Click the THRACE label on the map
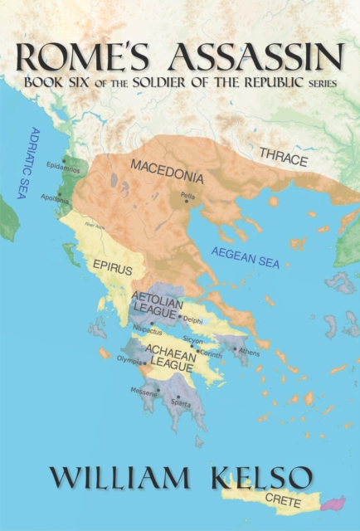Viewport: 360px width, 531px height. tap(283, 157)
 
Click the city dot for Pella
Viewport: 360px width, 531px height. tap(185, 199)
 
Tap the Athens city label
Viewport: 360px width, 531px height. tap(249, 352)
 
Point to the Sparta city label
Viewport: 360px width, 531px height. tap(181, 403)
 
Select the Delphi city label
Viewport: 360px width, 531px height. tap(192, 319)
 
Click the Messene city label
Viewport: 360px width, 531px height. tap(143, 390)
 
